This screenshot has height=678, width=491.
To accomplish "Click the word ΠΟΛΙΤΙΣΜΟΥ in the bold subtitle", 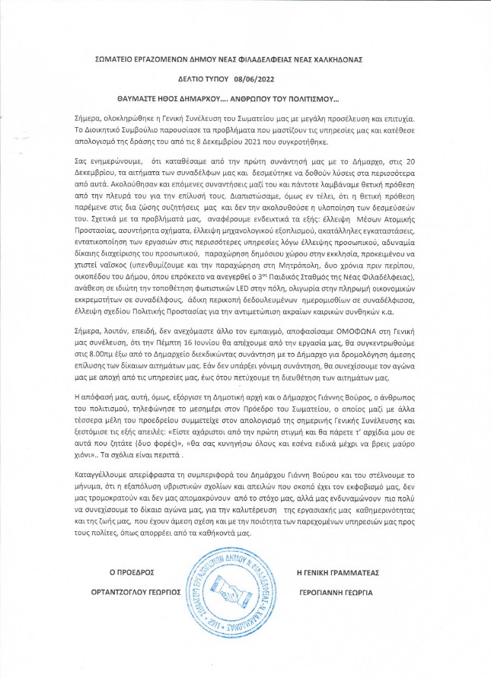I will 309,99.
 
